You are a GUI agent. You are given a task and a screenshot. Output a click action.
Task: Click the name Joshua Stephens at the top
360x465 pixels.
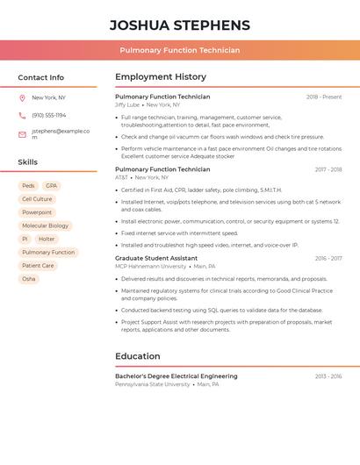tap(180, 25)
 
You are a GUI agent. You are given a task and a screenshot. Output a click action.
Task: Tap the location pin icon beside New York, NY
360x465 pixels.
tap(22, 98)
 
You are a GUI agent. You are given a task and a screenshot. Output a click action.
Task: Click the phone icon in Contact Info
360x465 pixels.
tap(22, 116)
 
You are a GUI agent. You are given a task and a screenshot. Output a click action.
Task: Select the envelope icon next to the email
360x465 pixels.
tap(22, 134)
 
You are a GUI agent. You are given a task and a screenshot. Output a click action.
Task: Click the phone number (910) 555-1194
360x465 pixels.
tap(49, 116)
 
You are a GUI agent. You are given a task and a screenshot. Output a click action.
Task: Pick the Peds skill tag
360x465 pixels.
tap(28, 186)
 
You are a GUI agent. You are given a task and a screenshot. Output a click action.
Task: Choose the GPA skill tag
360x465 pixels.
tap(52, 186)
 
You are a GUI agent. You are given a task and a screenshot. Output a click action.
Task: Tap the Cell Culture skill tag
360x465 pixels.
tap(37, 199)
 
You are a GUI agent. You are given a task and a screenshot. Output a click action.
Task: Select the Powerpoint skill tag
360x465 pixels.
tap(37, 212)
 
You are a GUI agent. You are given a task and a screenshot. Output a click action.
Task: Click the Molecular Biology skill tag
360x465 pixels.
tap(45, 225)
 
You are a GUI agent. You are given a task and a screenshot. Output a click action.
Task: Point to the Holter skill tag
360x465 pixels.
tap(47, 239)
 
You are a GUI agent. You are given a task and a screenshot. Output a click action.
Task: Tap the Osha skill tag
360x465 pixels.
tap(29, 279)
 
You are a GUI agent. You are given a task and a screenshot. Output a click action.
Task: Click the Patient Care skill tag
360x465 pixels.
tap(38, 266)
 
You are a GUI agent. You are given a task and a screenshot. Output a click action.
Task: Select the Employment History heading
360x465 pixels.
tap(161, 77)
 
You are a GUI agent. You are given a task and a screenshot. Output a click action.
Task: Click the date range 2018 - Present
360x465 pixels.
tap(324, 97)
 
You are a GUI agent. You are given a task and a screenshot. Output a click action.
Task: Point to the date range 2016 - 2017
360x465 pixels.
tap(328, 259)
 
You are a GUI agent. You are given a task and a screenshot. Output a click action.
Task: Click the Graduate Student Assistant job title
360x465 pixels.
tap(156, 259)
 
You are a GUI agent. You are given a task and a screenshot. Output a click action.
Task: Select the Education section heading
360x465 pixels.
tap(138, 356)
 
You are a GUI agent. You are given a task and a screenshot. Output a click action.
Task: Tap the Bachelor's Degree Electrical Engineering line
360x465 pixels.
tap(176, 376)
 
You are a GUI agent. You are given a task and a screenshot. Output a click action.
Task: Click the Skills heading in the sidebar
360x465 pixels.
tap(28, 162)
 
